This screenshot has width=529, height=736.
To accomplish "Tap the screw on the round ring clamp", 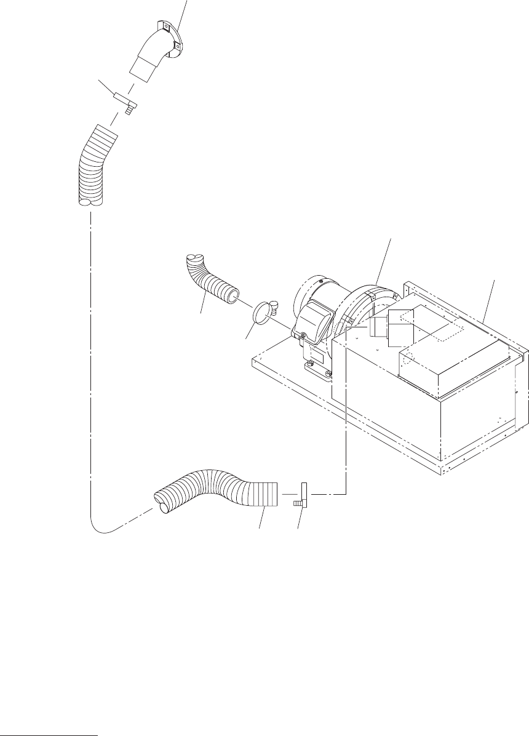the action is [x=274, y=303].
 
